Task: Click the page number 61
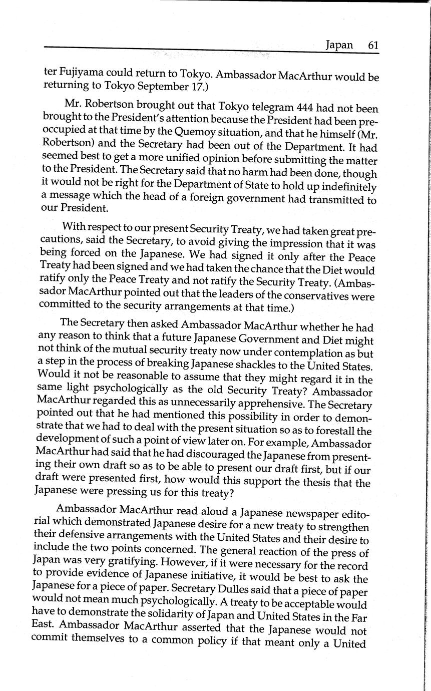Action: (x=373, y=45)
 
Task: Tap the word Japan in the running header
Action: (x=339, y=45)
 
